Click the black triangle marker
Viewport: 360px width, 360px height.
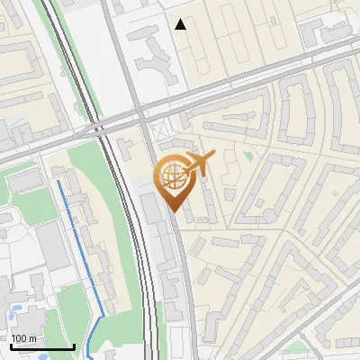coord(182,24)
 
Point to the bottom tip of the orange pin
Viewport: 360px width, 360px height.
coord(172,211)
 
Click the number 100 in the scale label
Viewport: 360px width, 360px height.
coord(20,338)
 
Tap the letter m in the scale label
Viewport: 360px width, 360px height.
coord(32,338)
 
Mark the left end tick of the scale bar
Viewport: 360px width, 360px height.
coord(11,346)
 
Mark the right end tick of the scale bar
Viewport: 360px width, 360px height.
coord(74,346)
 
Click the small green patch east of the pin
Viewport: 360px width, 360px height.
coord(249,158)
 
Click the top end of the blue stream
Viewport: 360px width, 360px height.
coord(59,181)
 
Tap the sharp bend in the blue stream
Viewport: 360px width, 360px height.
coord(102,314)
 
